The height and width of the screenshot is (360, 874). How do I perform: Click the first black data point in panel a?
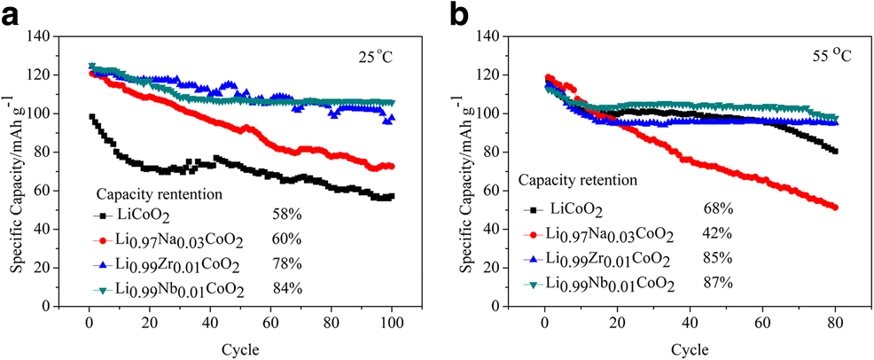coord(90,117)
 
